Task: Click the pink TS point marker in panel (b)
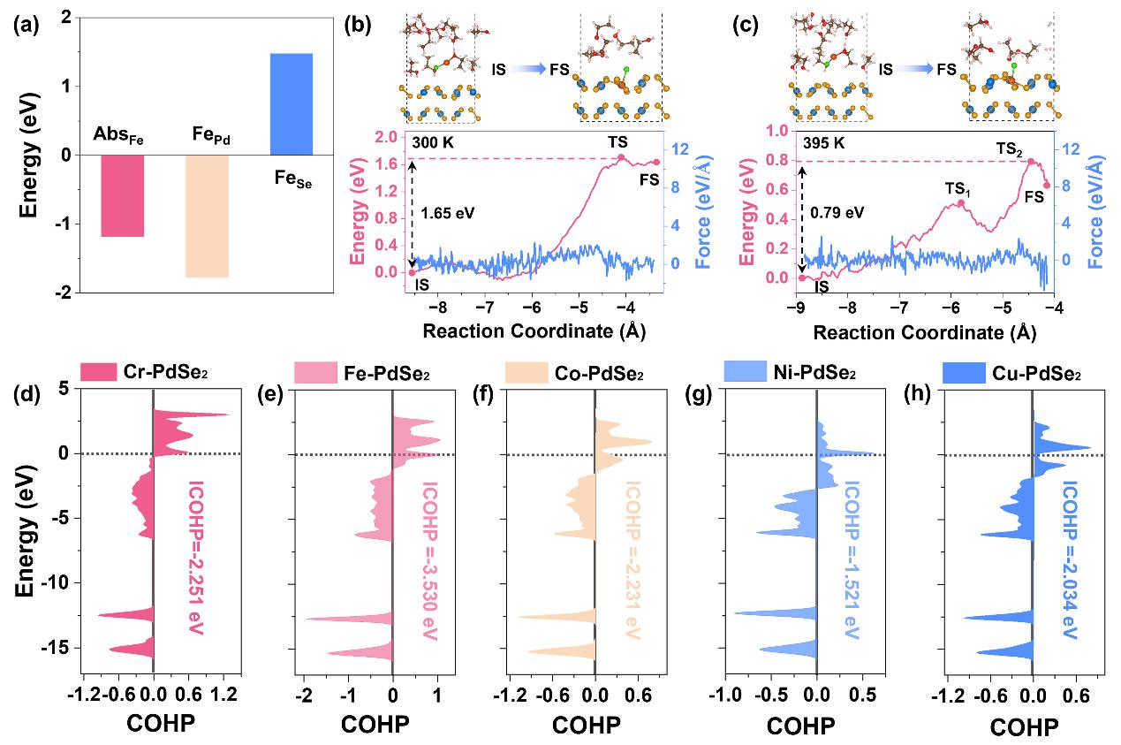tap(621, 158)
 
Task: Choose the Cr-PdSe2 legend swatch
tap(100, 370)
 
